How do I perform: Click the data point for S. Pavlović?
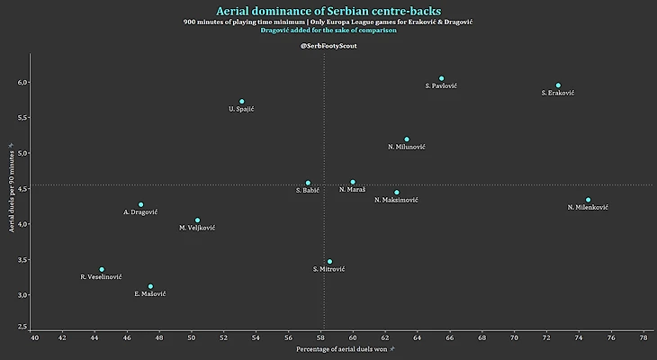[x=441, y=78]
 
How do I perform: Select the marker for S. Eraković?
[x=558, y=85]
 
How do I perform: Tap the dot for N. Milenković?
[x=588, y=200]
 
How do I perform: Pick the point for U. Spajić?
[x=242, y=102]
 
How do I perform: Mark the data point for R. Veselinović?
[x=102, y=269]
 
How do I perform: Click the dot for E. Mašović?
[x=150, y=286]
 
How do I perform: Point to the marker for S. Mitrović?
[x=329, y=261]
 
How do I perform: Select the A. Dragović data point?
[x=140, y=204]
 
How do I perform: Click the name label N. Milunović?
[x=407, y=147]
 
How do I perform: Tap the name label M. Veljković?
[x=197, y=228]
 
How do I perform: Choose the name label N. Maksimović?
[x=396, y=200]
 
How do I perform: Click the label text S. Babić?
[x=309, y=190]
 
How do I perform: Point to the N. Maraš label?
[x=353, y=190]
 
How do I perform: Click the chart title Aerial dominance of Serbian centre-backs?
[x=328, y=11]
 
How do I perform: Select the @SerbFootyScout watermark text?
[x=328, y=45]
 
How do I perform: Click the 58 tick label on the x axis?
[x=320, y=337]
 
